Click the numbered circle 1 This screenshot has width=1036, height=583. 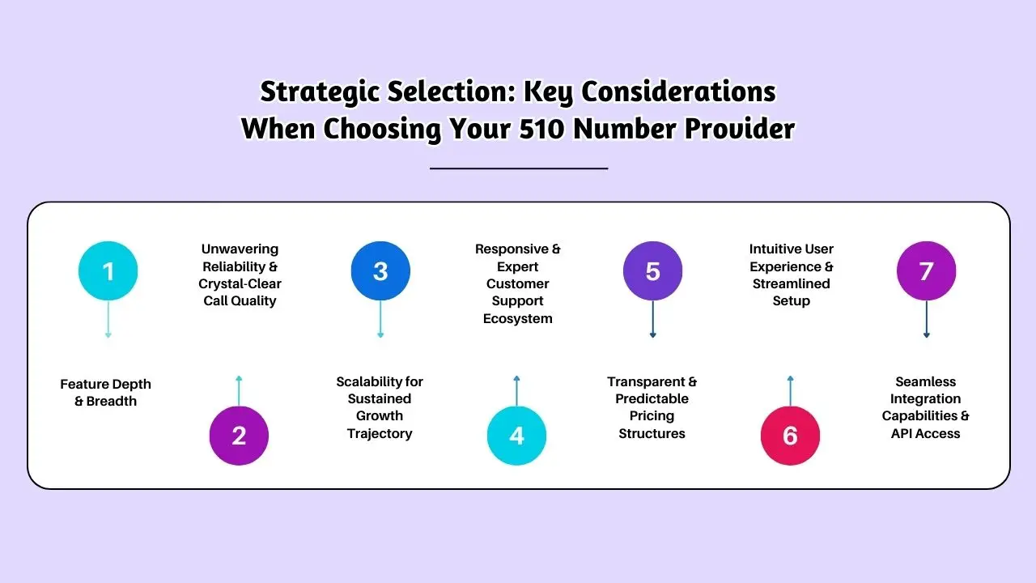[108, 270]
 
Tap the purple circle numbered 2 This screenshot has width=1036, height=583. [239, 436]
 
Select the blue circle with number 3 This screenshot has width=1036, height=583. [380, 270]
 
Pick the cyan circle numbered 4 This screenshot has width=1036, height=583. [516, 436]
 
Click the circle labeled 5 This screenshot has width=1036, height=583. [652, 270]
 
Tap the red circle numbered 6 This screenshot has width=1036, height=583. [790, 436]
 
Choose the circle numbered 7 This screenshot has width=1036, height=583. [926, 270]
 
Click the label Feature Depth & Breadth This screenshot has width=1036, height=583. [106, 393]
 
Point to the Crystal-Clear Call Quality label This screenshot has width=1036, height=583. [240, 275]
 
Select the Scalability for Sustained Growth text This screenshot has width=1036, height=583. [380, 407]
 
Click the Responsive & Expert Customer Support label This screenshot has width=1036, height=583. [517, 283]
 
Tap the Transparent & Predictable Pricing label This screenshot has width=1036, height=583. [652, 407]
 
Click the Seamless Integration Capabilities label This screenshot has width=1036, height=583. [925, 407]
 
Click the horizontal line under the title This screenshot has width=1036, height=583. [518, 168]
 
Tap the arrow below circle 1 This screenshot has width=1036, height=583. [108, 320]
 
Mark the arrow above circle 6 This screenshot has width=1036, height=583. [790, 389]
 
